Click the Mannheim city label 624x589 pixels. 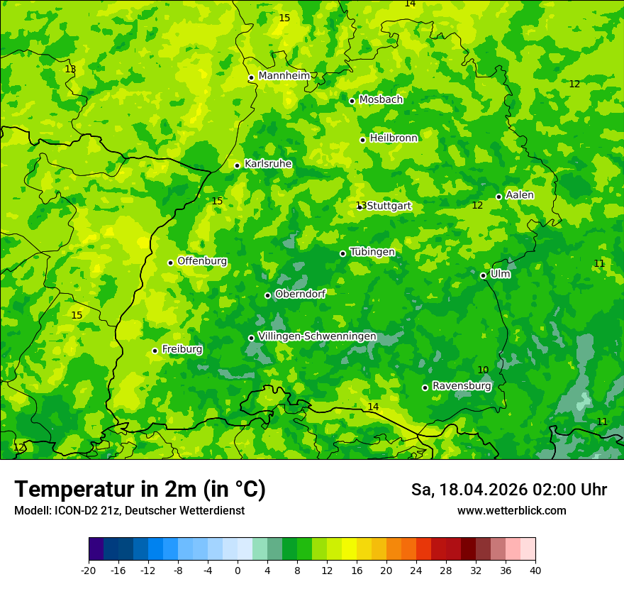[x=284, y=76]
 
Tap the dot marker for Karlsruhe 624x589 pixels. [x=238, y=166]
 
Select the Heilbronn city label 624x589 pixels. [x=394, y=138]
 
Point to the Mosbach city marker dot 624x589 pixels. [x=352, y=101]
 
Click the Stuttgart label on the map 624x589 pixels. [x=389, y=207]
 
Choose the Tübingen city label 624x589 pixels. [x=372, y=252]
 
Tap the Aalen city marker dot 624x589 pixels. [x=498, y=197]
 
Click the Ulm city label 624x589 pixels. [x=500, y=274]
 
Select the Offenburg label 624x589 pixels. [x=202, y=261]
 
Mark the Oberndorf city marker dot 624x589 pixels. [x=267, y=295]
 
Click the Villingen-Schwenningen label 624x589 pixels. [x=317, y=336]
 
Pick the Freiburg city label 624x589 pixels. [x=182, y=349]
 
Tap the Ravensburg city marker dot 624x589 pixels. [x=425, y=387]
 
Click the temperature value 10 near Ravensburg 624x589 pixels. [x=483, y=370]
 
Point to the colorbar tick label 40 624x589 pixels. [x=535, y=571]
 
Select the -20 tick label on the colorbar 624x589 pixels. [x=89, y=571]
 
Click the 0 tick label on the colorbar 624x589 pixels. [x=238, y=571]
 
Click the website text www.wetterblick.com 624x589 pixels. [x=511, y=511]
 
